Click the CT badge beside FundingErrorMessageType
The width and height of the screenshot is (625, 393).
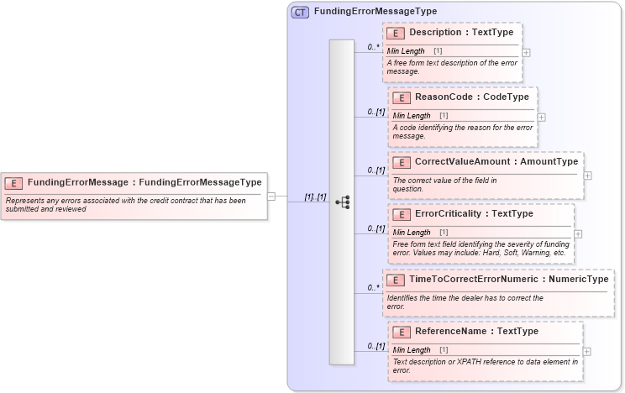click(300, 12)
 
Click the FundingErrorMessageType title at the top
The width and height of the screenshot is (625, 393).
click(375, 12)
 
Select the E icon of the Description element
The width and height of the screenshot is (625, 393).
click(396, 33)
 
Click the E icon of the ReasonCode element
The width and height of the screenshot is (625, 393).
click(402, 97)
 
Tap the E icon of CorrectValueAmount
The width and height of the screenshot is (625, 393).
click(402, 162)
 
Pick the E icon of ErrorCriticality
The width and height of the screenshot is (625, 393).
click(402, 214)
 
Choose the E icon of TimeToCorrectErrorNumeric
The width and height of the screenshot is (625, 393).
click(396, 279)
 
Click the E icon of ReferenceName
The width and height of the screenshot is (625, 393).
click(402, 332)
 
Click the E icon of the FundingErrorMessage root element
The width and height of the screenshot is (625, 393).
click(14, 182)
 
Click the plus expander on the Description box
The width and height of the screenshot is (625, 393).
click(526, 52)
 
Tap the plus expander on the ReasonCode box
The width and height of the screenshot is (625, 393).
click(541, 117)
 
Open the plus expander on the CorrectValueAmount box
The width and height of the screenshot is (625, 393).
click(587, 176)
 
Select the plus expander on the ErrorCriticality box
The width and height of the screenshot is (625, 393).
click(578, 233)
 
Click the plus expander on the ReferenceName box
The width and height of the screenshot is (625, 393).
click(586, 351)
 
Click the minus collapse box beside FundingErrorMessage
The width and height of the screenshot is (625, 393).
click(271, 196)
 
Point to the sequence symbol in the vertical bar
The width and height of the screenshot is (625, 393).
click(342, 202)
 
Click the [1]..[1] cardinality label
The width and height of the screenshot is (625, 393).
click(315, 196)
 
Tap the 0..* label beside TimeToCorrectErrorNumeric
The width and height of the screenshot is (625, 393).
click(373, 287)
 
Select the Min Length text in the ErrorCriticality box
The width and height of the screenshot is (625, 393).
click(412, 233)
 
